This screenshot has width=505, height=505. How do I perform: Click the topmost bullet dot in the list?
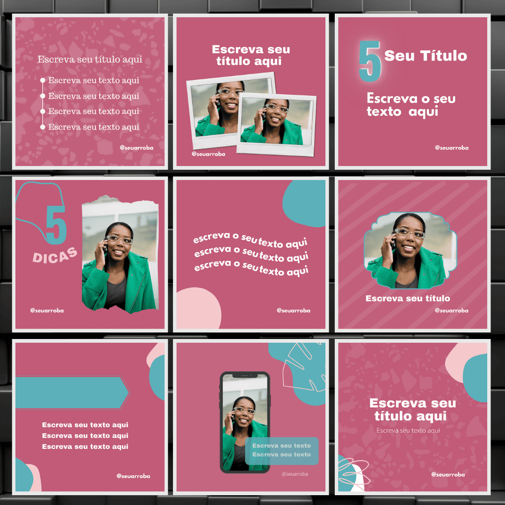coord(43,80)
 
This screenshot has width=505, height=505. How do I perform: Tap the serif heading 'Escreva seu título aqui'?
coord(90,59)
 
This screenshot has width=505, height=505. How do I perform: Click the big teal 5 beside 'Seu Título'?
coord(370,61)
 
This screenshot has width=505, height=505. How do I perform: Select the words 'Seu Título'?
coord(426,56)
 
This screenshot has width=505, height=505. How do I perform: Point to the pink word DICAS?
coord(55,255)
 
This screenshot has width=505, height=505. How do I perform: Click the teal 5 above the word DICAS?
coord(56,225)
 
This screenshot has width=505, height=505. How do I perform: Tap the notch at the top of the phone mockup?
coord(245,375)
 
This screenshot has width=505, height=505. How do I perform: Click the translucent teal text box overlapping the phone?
coord(282,451)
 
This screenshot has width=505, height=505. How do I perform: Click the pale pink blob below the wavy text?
coord(198,309)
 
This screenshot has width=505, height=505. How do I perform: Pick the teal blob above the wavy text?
coord(304,203)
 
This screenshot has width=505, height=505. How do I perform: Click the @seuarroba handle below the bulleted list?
coord(137,148)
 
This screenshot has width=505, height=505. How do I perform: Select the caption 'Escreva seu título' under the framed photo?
coord(408,298)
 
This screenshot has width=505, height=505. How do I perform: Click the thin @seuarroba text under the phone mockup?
coord(295,474)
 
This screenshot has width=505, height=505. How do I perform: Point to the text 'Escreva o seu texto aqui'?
coord(411,105)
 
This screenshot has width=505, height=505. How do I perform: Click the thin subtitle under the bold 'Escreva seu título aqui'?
coord(408,431)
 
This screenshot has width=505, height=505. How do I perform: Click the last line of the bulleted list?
coord(94,127)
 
